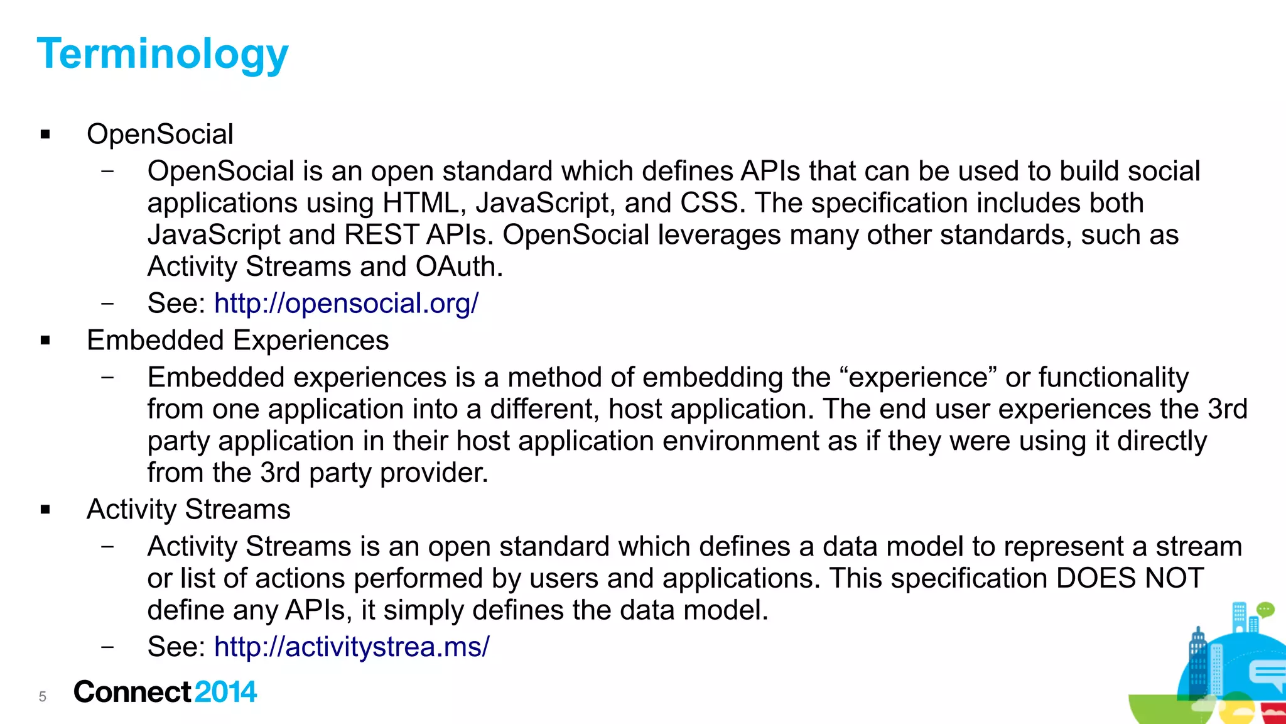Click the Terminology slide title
[x=163, y=54]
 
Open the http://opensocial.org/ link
[x=346, y=304]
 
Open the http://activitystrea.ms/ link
[x=352, y=647]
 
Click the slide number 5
[x=43, y=696]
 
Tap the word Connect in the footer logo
[x=132, y=692]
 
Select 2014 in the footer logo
[x=225, y=692]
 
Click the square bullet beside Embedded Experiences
[x=45, y=341]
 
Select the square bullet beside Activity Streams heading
[x=45, y=510]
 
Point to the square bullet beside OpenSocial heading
[x=45, y=134]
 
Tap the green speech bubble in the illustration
[x=1265, y=609]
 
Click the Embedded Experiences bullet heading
[x=237, y=341]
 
